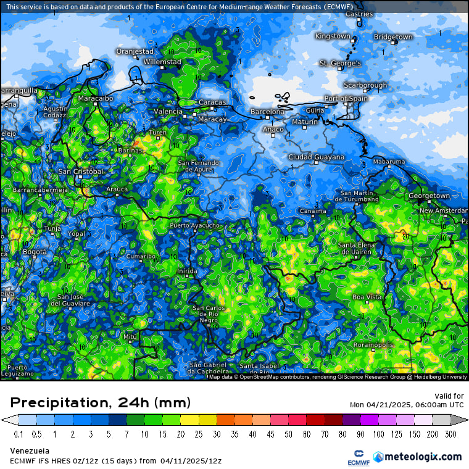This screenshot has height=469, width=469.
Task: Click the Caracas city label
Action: coord(212,102)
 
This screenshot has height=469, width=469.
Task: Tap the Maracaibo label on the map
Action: coord(96,98)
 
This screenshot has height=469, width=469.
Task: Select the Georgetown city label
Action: coord(429,196)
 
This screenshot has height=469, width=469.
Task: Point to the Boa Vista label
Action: coord(367,297)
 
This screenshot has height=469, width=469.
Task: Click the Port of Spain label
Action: coord(346,99)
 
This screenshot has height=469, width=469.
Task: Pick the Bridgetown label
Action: coord(393,37)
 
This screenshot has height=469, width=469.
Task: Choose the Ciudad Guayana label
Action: coord(317,157)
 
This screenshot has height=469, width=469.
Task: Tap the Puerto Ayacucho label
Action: coord(194,226)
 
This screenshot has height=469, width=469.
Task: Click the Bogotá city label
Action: coord(34,252)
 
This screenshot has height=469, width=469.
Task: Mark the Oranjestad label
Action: coord(135,51)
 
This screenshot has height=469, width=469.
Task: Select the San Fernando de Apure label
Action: coord(199,165)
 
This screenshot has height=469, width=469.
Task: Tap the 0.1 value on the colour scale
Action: coord(19,434)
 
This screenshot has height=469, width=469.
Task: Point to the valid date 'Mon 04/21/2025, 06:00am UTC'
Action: coord(406,405)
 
